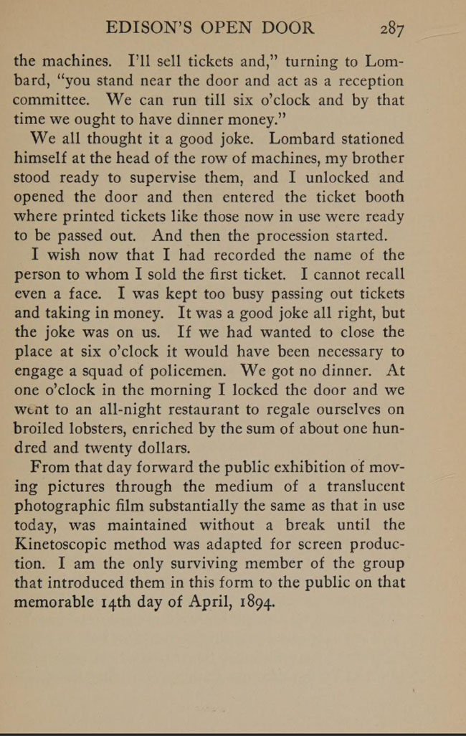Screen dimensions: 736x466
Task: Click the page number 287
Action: (x=393, y=29)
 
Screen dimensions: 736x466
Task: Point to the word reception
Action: (x=363, y=81)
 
